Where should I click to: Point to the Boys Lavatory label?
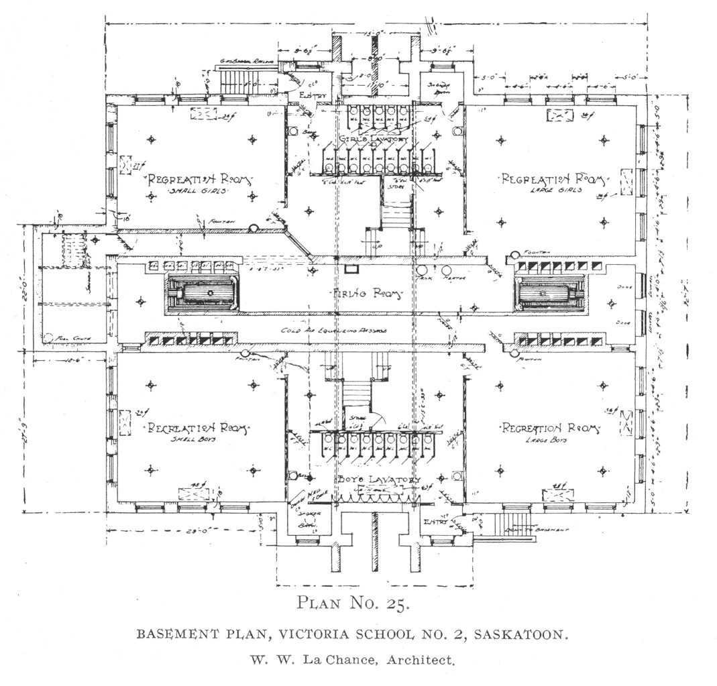(378, 479)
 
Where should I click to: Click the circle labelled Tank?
(423, 272)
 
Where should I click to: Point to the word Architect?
(423, 659)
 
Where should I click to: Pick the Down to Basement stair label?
(547, 530)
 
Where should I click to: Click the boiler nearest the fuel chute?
(201, 293)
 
